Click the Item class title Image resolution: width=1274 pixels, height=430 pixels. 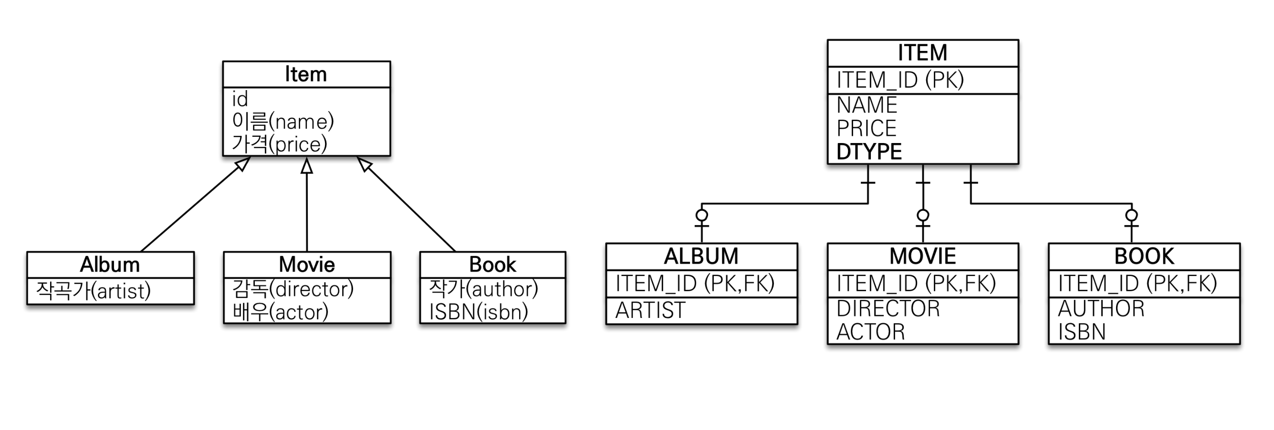tap(306, 75)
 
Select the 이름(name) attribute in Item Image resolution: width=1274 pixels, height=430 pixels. tap(283, 121)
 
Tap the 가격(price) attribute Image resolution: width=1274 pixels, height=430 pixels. tap(280, 144)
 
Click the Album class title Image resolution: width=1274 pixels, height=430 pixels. tap(110, 265)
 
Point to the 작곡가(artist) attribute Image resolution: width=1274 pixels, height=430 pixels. tap(93, 291)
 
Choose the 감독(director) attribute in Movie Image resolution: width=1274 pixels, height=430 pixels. tap(293, 288)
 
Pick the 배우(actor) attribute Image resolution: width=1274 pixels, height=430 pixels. tap(280, 312)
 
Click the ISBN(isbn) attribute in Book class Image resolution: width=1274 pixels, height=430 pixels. tap(478, 312)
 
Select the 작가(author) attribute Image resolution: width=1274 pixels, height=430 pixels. tap(483, 288)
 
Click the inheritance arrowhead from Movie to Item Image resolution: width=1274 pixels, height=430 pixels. tap(307, 166)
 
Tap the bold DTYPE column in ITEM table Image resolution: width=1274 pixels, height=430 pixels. tap(869, 152)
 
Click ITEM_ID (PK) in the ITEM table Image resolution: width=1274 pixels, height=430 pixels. tap(900, 80)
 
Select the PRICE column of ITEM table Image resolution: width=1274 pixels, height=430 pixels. tap(867, 129)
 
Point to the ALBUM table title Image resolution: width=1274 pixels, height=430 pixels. tap(701, 256)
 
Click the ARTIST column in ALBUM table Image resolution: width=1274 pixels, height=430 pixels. tap(650, 310)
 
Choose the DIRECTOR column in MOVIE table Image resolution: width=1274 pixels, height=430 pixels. tap(888, 308)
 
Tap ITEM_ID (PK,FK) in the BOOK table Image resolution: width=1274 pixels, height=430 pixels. tap(1137, 283)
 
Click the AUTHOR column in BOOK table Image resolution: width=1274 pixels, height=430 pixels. tap(1101, 308)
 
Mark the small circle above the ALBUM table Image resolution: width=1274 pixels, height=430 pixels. tap(701, 215)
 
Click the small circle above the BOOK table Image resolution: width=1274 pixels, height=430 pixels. tap(1131, 215)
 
